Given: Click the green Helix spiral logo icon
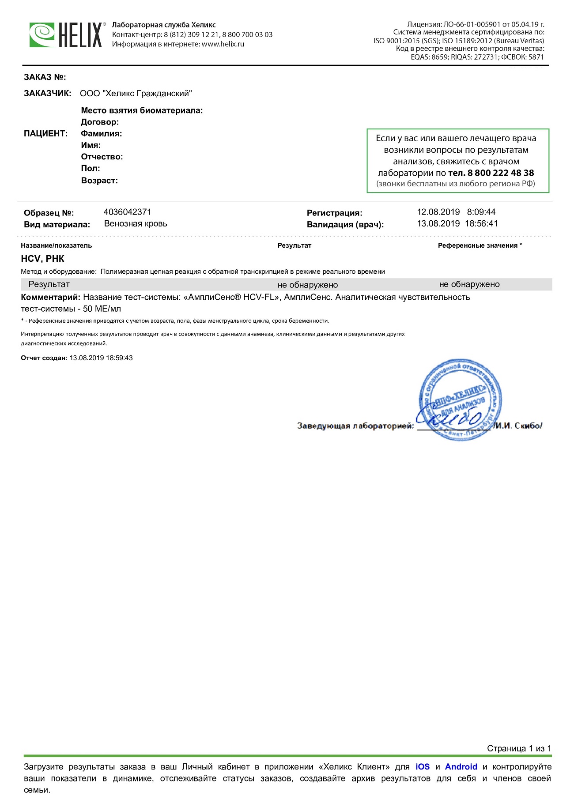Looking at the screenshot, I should [x=42, y=35].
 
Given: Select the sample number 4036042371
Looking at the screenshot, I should [x=127, y=212].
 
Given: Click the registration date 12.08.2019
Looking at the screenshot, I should [x=438, y=212].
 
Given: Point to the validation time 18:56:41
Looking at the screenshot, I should [x=481, y=223].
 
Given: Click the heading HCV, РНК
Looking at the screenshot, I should [x=42, y=259].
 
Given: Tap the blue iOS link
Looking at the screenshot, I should [x=422, y=766].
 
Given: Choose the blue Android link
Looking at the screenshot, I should [x=461, y=766].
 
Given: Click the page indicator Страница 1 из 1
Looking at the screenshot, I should [x=519, y=748].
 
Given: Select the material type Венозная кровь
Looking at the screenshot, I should [x=136, y=223].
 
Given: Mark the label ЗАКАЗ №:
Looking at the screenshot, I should [x=45, y=77].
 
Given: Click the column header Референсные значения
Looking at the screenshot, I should [x=477, y=245].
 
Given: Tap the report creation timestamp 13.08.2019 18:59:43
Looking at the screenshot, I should [x=101, y=358].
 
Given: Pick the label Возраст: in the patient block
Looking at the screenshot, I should [x=99, y=180].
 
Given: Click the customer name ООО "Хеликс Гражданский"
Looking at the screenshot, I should [x=136, y=93].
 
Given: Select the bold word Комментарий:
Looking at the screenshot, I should [x=51, y=297].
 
